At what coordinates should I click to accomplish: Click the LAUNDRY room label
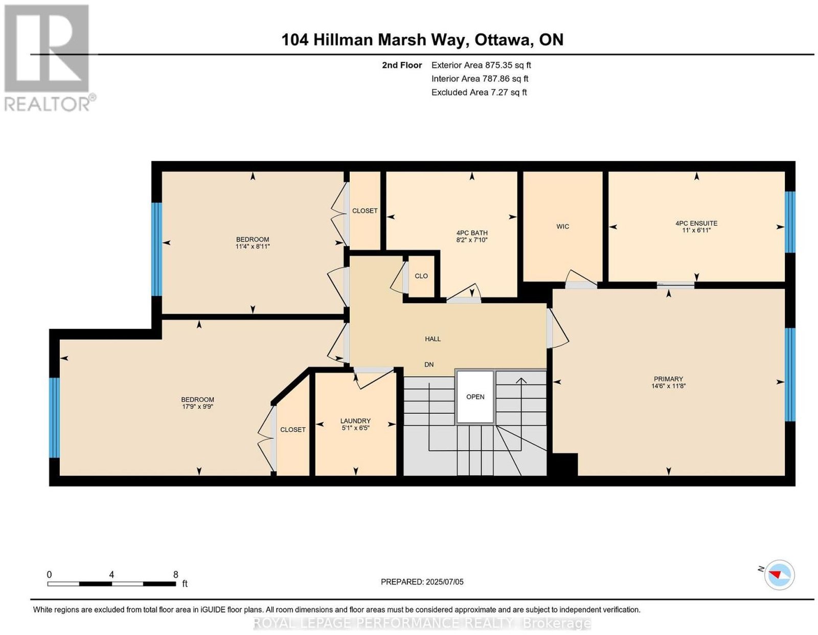click(355, 421)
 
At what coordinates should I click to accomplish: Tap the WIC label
click(562, 226)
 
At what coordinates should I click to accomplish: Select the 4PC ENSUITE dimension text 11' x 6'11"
click(696, 230)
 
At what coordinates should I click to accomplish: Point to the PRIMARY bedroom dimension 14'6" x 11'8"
click(668, 386)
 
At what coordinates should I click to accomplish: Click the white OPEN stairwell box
click(475, 396)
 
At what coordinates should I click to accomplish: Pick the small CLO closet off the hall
click(421, 275)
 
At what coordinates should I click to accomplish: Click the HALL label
click(433, 339)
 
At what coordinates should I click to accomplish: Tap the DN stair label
click(429, 364)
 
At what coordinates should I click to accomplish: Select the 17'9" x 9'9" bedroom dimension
click(197, 407)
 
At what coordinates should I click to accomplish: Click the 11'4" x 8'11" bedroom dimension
click(253, 246)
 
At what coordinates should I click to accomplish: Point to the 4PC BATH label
click(472, 233)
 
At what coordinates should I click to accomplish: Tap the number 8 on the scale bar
click(175, 575)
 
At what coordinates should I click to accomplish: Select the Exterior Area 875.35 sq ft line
click(481, 65)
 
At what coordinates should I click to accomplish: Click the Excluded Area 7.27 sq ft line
click(479, 92)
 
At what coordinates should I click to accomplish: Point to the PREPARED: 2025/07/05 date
click(422, 581)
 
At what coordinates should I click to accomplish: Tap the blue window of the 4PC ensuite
click(790, 222)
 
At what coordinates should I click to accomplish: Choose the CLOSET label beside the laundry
click(292, 429)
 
